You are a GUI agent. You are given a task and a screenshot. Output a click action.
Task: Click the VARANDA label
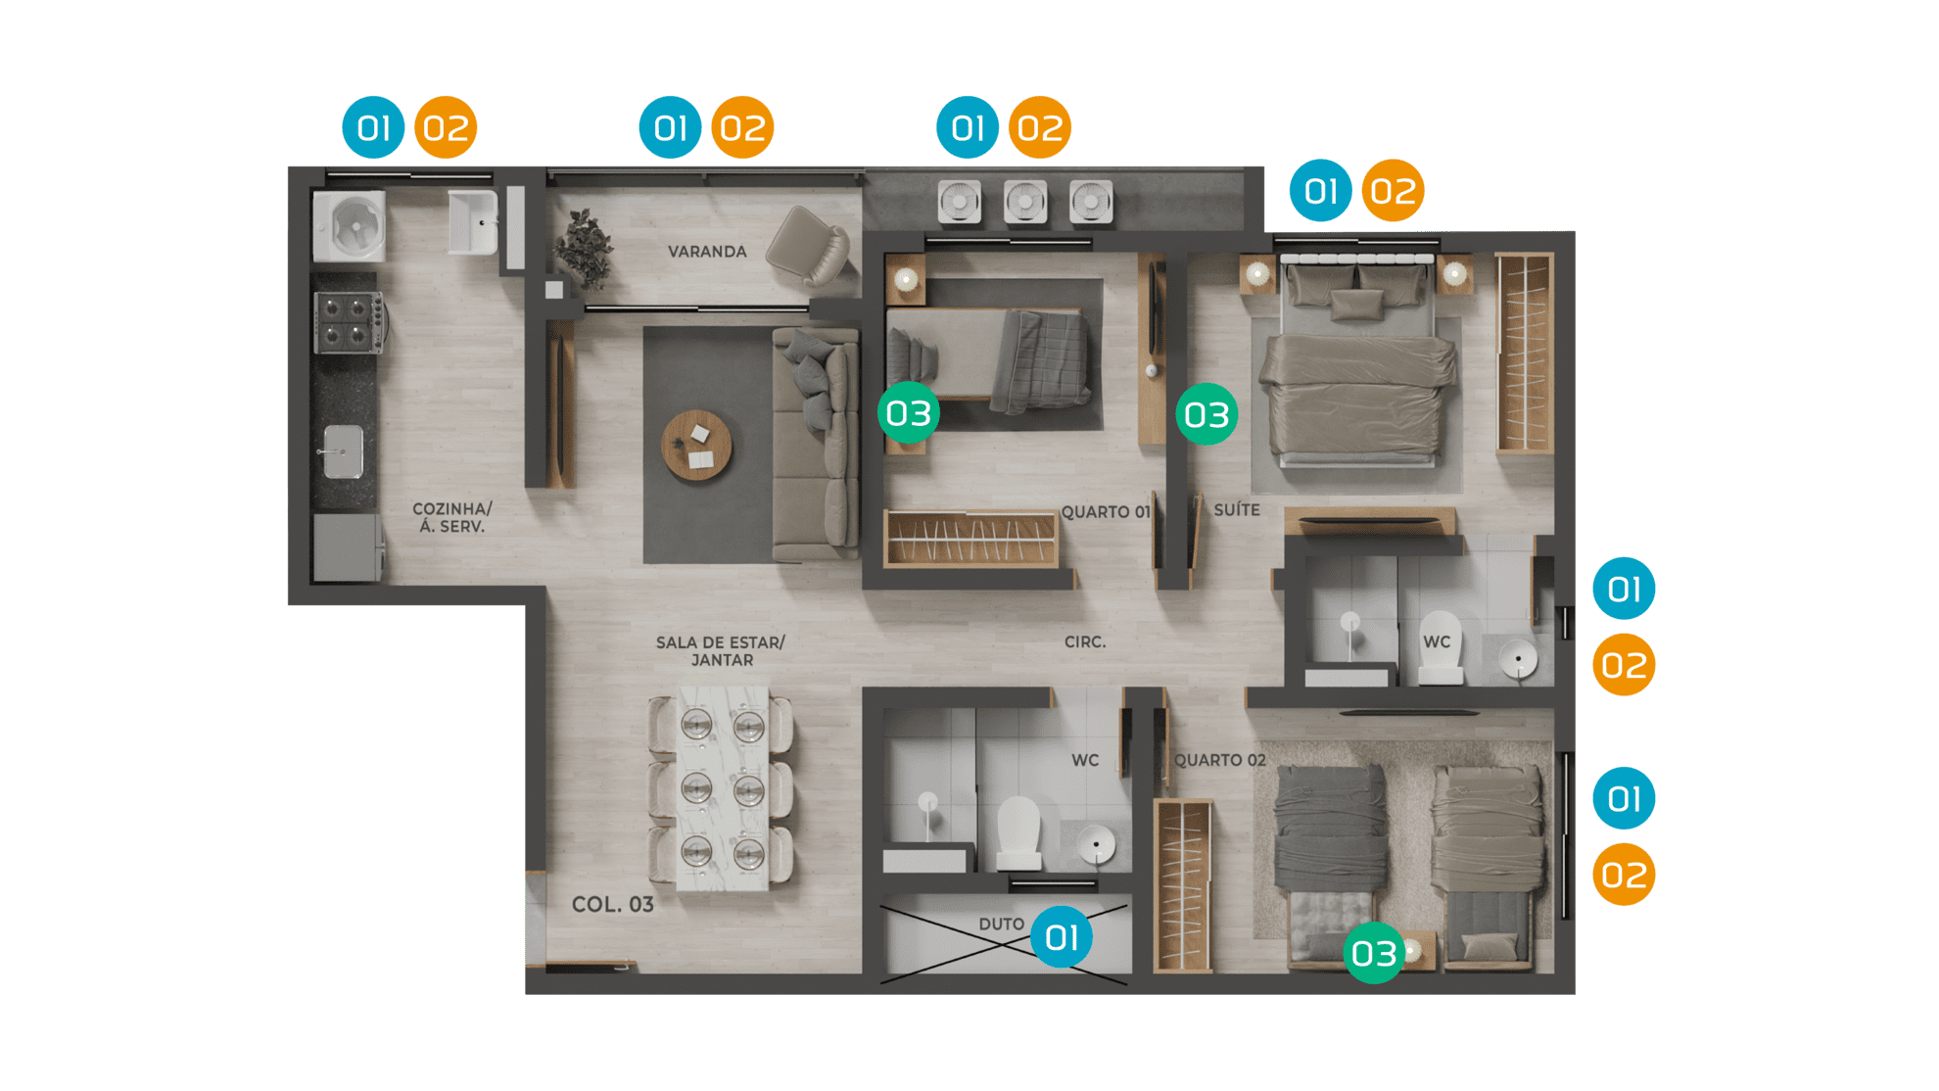coord(707,252)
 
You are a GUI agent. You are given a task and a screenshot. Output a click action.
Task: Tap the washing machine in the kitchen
coord(349,225)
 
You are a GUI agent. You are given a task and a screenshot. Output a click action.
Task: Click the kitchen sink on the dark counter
coord(342,451)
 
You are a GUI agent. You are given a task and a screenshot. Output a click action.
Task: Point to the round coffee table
coord(696,446)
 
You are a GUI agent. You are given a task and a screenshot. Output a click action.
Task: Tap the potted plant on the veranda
coord(585,249)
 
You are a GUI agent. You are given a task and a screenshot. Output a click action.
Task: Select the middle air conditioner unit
coord(1024,203)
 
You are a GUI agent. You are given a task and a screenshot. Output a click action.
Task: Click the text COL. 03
coord(613,905)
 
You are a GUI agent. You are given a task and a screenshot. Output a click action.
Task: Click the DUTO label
coord(1001,925)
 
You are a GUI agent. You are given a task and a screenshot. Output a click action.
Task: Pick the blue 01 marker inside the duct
coord(1062,937)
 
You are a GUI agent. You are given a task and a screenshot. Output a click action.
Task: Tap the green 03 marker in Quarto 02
coord(1374,953)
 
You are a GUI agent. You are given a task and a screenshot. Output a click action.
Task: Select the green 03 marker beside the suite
coord(1206,414)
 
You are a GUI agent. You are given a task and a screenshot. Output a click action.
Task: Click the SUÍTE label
coord(1237,510)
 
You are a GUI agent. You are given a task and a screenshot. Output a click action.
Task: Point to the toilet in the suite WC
coord(1440,647)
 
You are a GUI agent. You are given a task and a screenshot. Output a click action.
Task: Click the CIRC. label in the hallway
coord(1085,642)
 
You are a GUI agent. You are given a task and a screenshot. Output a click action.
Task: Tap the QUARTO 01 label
coord(1106,512)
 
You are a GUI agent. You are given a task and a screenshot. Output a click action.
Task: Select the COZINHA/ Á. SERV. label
coord(452,518)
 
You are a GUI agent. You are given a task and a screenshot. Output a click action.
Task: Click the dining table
coord(723,788)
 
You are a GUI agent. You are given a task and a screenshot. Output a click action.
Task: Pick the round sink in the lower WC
coord(1096,843)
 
